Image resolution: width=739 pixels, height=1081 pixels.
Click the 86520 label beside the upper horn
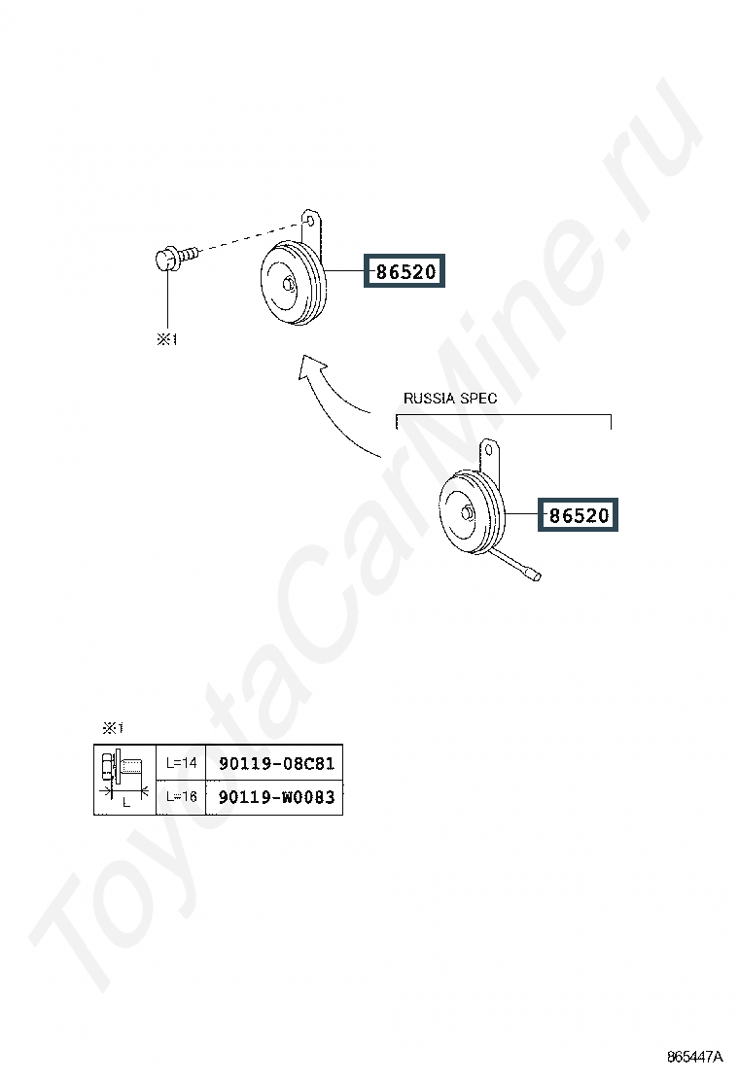click(x=405, y=271)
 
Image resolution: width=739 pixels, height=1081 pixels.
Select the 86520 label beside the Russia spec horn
click(x=579, y=514)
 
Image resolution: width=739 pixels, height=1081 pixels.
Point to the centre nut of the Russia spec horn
click(x=468, y=513)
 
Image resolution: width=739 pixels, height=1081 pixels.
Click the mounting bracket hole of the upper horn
click(x=310, y=221)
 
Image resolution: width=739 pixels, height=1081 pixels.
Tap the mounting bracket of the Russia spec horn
click(x=489, y=456)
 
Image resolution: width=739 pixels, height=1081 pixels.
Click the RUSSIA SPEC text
click(x=449, y=399)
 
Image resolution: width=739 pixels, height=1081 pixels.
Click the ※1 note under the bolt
click(x=167, y=339)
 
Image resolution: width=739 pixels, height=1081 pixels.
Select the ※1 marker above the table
click(x=113, y=728)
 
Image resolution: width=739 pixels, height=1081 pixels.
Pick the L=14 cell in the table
click(x=181, y=763)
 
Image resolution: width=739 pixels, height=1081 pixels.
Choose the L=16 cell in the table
click(x=181, y=796)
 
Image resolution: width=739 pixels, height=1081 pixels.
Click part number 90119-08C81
click(x=276, y=763)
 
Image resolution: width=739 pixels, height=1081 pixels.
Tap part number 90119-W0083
click(x=276, y=797)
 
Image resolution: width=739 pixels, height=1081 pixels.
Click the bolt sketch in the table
click(x=123, y=767)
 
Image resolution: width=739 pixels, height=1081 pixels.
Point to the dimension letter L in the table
click(x=126, y=802)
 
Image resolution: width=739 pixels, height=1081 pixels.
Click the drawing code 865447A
click(x=694, y=1057)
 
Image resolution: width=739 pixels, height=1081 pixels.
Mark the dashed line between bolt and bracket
click(x=252, y=236)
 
